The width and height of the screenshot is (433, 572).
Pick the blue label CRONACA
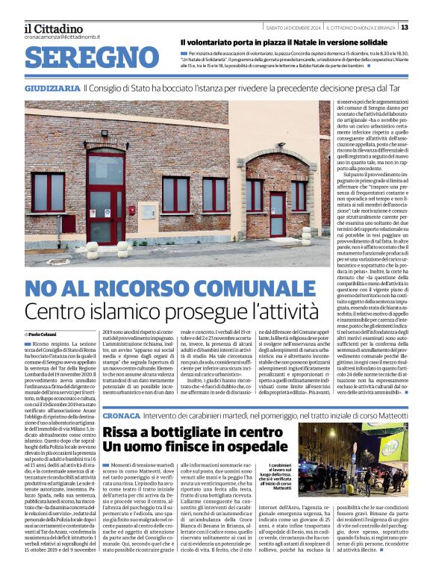coord(122,414)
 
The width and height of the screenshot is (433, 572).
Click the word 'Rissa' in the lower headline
coord(122,432)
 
